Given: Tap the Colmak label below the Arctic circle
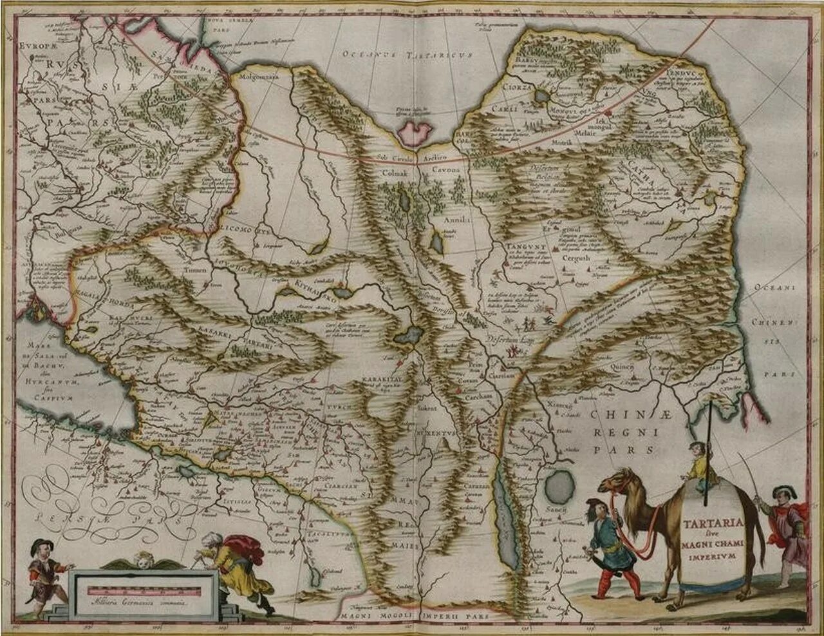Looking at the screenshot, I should tap(396, 172).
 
